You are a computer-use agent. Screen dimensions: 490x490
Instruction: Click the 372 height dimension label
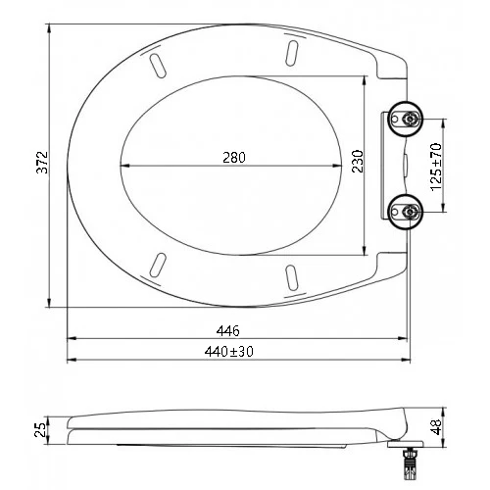pos(42,163)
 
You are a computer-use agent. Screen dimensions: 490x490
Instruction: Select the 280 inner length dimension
pos(234,158)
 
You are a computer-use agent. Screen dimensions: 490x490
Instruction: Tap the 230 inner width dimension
pos(358,161)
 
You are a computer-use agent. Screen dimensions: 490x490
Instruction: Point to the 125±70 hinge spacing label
pos(436,167)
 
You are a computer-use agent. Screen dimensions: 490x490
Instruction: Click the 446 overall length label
pos(228,331)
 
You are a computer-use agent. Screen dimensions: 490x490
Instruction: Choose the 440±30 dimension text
pos(228,352)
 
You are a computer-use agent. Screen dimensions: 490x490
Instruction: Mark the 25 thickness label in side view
pos(41,430)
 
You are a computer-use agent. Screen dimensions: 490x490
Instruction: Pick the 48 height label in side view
pos(436,427)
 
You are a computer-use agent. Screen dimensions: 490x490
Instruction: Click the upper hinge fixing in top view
pos(405,119)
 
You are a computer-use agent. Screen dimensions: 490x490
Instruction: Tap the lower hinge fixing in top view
pos(405,212)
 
